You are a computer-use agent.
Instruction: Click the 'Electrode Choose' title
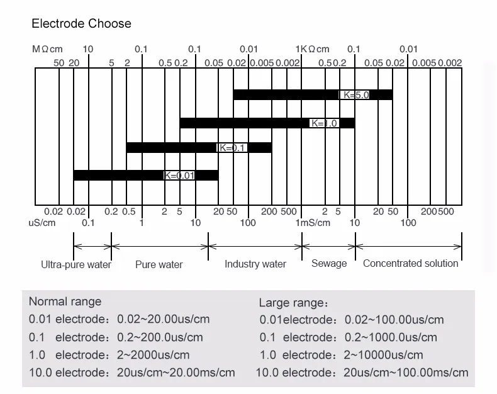click(x=82, y=24)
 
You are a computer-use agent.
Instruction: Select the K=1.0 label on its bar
click(x=325, y=123)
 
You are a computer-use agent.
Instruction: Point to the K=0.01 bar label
click(x=179, y=176)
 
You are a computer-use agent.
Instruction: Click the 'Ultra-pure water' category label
click(x=76, y=264)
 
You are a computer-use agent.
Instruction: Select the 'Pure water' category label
click(x=159, y=264)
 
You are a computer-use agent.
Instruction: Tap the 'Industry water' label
click(x=255, y=264)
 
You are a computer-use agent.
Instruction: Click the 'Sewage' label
click(x=329, y=263)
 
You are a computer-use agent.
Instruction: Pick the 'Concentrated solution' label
click(x=410, y=263)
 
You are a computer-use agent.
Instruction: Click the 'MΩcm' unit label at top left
click(x=48, y=49)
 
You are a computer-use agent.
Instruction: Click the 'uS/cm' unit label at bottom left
click(x=42, y=223)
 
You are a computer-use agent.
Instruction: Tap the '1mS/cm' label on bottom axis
click(x=313, y=223)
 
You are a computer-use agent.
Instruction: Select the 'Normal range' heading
click(x=65, y=301)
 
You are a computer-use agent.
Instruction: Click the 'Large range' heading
click(x=293, y=303)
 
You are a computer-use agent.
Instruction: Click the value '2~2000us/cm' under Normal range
click(x=154, y=355)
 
